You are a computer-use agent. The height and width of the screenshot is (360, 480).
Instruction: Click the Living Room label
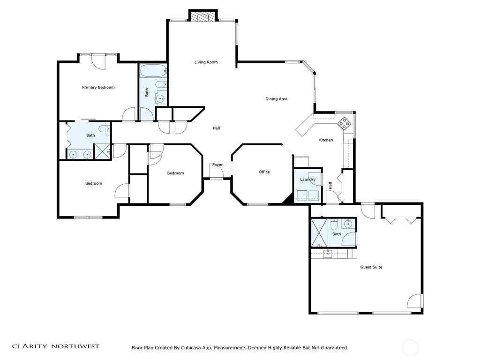coord(206,62)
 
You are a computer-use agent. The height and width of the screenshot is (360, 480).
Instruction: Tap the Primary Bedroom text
coord(98,87)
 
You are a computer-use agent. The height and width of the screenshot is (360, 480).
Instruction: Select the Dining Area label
coord(276,99)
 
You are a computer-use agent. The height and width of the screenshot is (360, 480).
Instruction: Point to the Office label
coord(264,172)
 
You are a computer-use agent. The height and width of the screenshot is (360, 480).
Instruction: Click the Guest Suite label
coord(371,267)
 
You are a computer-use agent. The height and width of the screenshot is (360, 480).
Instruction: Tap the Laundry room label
coord(307,180)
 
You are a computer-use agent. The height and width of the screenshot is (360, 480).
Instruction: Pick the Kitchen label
coord(326,140)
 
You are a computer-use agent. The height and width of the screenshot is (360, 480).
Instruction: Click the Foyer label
coord(217,165)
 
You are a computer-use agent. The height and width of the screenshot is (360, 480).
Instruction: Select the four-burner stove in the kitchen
coord(345,123)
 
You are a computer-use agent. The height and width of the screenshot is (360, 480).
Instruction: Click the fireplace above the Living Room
coord(203,15)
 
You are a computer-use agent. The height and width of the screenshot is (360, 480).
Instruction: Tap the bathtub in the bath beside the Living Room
coord(153,71)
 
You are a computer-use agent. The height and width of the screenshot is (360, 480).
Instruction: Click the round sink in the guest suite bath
coord(348,224)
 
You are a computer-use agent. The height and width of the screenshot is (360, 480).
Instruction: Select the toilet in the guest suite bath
coord(334,225)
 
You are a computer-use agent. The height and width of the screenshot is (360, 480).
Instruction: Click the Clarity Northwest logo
coord(56,346)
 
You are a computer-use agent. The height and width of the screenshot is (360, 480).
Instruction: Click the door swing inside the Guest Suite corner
coord(414,301)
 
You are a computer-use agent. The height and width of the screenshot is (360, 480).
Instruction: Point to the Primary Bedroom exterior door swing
coord(98,62)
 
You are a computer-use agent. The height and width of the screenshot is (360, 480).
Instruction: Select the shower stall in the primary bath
coord(102,151)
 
